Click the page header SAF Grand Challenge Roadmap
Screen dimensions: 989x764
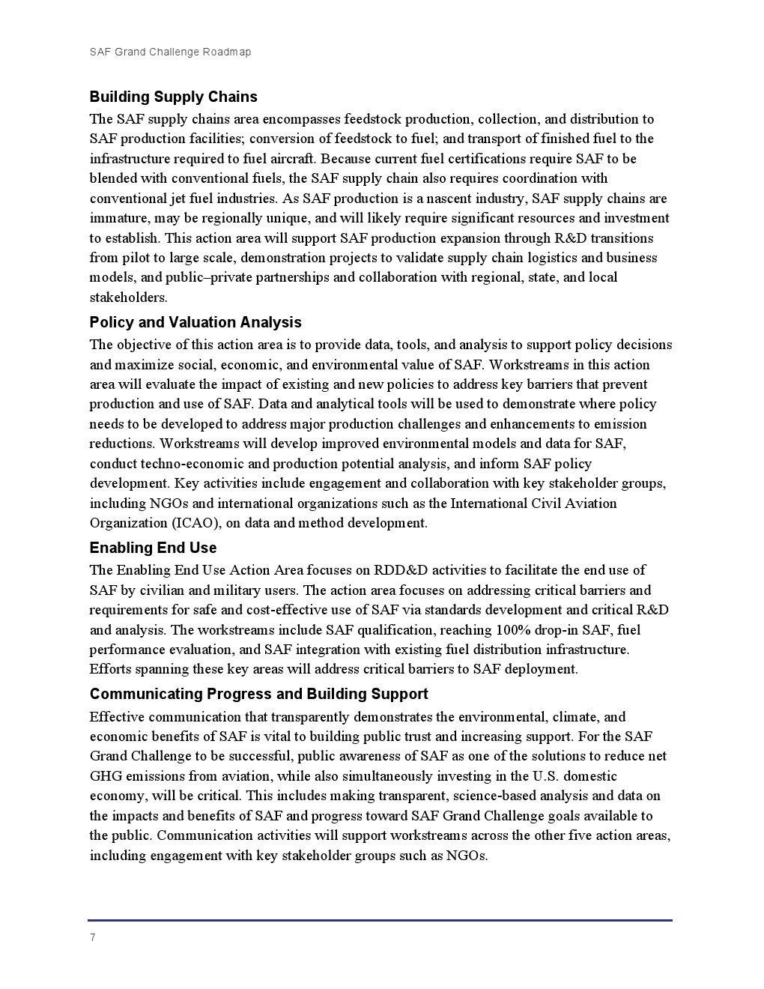(170, 52)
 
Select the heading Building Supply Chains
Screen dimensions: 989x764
(173, 97)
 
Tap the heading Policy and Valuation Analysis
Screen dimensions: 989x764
(195, 322)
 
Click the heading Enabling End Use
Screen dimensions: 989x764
(153, 548)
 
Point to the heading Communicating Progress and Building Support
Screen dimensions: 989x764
(258, 694)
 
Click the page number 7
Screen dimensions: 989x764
(92, 938)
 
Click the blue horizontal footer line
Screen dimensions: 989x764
(380, 920)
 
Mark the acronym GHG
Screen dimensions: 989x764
(105, 776)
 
